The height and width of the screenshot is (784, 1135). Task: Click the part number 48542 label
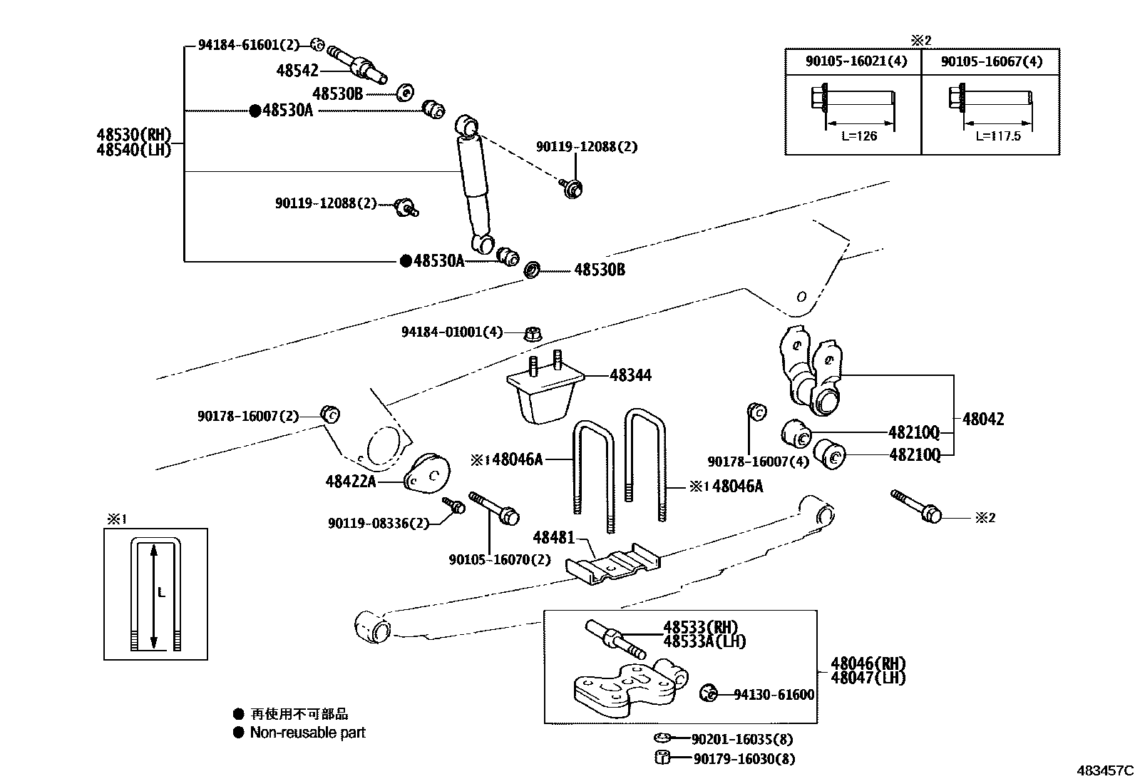tap(297, 70)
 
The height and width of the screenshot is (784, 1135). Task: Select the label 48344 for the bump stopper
tap(630, 375)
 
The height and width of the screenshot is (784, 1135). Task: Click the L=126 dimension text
tap(856, 136)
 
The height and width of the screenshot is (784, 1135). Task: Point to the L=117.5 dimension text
tap(997, 136)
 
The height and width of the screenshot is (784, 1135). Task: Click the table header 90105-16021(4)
tap(856, 61)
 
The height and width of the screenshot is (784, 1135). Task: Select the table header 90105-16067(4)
tap(991, 61)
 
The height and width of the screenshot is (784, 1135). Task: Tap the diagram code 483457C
tap(1104, 770)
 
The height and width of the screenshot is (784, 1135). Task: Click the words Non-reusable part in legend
tap(307, 733)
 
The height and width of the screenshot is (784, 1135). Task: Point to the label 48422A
tap(350, 482)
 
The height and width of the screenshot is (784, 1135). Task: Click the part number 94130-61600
tap(774, 694)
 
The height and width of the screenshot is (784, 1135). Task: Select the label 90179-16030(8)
tap(744, 759)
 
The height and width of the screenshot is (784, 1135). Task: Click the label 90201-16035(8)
tap(741, 740)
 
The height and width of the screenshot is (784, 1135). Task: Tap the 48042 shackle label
tap(982, 419)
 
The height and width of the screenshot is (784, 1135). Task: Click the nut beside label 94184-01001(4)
tap(532, 332)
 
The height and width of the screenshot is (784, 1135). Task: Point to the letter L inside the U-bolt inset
tap(161, 592)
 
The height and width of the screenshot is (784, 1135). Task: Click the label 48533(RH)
tap(700, 627)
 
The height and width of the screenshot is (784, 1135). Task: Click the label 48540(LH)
tap(134, 151)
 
